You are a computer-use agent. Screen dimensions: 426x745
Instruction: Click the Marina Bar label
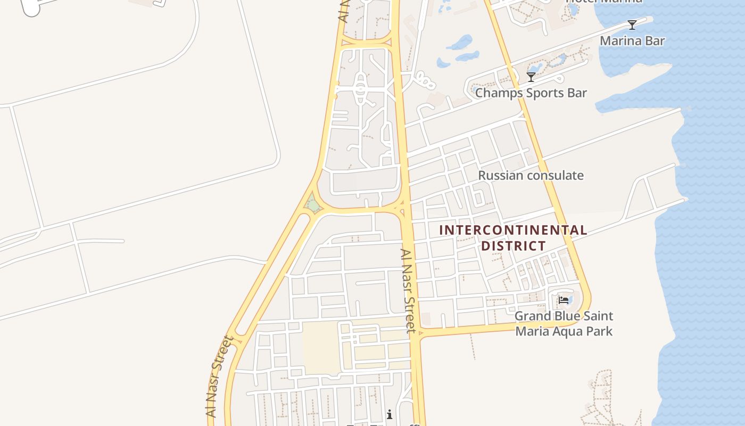(632, 40)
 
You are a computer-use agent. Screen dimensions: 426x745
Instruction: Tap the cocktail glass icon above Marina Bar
(632, 24)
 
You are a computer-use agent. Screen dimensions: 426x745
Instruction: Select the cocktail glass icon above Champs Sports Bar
(531, 77)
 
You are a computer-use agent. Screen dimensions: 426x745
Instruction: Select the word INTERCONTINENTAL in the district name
(513, 231)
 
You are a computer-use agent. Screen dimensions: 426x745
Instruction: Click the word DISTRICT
(513, 246)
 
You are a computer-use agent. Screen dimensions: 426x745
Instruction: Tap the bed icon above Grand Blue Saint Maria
(564, 300)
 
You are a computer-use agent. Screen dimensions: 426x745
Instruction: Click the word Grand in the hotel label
(533, 316)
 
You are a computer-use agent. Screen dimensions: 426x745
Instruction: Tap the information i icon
(390, 414)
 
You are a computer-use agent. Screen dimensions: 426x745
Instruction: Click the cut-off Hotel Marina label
(603, 2)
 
